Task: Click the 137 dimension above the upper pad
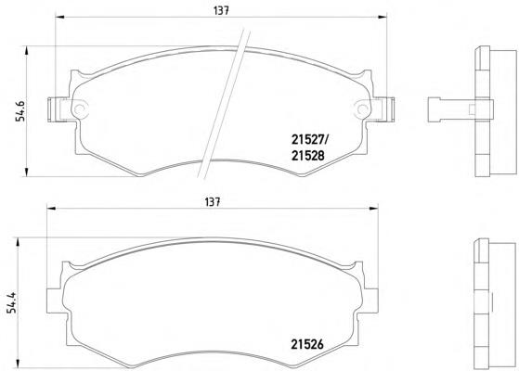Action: pyautogui.click(x=221, y=10)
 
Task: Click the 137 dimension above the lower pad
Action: pyautogui.click(x=213, y=201)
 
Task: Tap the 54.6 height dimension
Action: pyautogui.click(x=20, y=109)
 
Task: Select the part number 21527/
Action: pyautogui.click(x=309, y=140)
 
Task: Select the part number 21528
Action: pyautogui.click(x=308, y=156)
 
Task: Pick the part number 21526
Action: pyautogui.click(x=307, y=344)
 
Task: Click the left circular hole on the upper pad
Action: pyautogui.click(x=80, y=109)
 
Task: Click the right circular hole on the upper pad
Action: pyautogui.click(x=362, y=109)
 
